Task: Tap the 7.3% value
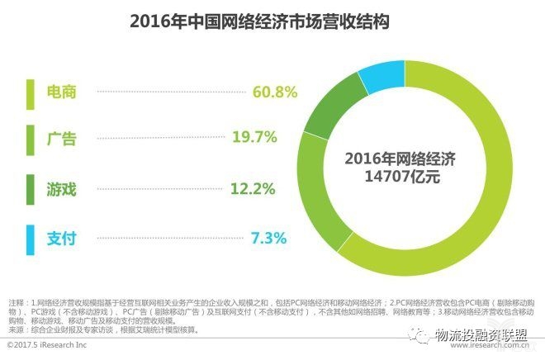click(x=268, y=239)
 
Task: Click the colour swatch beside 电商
click(x=30, y=92)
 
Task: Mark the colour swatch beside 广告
click(x=30, y=140)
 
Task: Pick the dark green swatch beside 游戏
click(x=30, y=189)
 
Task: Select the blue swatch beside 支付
click(x=30, y=239)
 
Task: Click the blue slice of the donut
click(x=381, y=76)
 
